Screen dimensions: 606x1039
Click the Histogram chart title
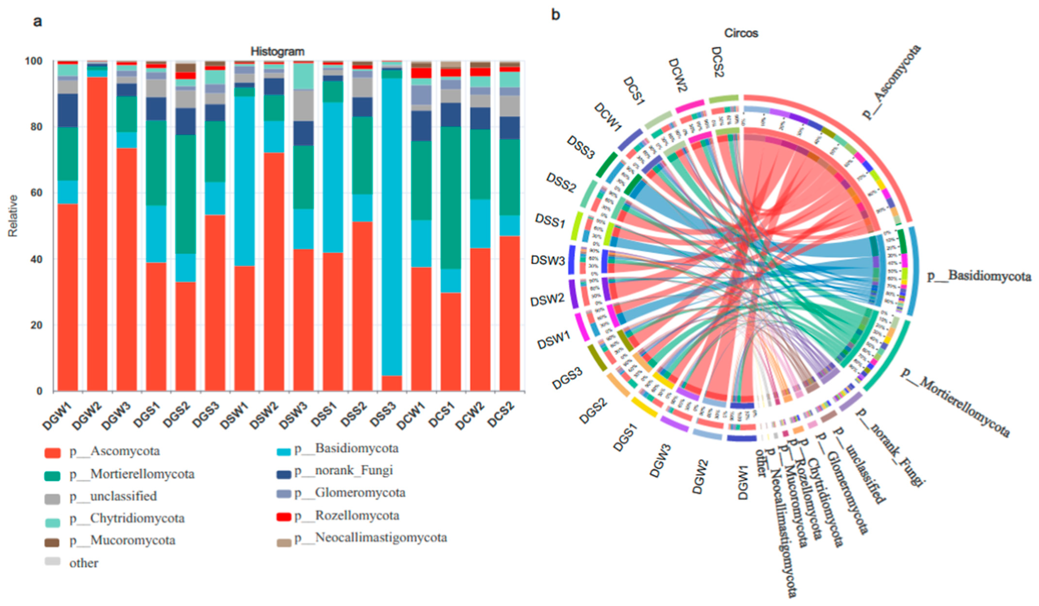(x=277, y=52)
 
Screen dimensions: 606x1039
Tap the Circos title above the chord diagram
(x=741, y=33)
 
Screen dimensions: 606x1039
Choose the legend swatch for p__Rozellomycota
(x=284, y=517)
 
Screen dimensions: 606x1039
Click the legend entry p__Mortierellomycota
(x=142, y=474)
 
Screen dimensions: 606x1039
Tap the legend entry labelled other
(x=84, y=563)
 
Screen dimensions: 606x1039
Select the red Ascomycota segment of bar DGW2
(x=97, y=235)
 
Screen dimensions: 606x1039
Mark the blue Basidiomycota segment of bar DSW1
(x=244, y=181)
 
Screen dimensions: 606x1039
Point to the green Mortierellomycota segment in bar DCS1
(x=451, y=198)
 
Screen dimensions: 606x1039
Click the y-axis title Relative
(x=13, y=216)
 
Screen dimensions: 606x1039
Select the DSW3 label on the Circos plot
(x=547, y=261)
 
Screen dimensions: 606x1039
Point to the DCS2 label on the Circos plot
(x=718, y=62)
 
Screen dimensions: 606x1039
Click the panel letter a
(x=38, y=21)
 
